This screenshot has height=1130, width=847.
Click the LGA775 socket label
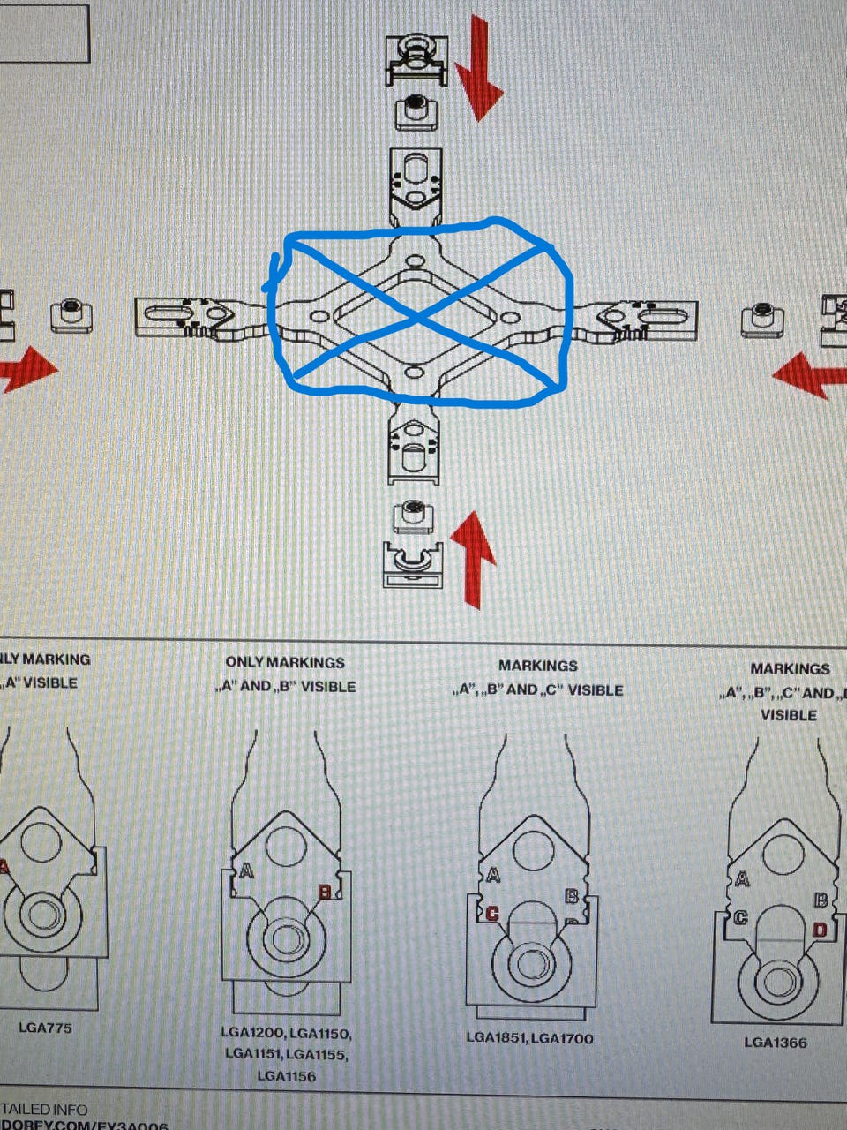(45, 1028)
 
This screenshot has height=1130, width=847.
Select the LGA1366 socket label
(775, 1042)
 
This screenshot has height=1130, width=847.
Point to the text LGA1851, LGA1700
(529, 1038)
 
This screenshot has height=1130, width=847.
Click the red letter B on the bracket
(325, 893)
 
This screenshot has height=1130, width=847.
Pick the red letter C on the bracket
(491, 914)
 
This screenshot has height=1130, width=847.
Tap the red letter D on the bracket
(820, 929)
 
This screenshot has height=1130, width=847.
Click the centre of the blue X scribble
(418, 314)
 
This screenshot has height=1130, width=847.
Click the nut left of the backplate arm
(71, 315)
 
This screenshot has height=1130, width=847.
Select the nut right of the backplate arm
(762, 318)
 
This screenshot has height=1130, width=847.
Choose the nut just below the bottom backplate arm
(412, 515)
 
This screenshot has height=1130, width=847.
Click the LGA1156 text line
(286, 1076)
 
